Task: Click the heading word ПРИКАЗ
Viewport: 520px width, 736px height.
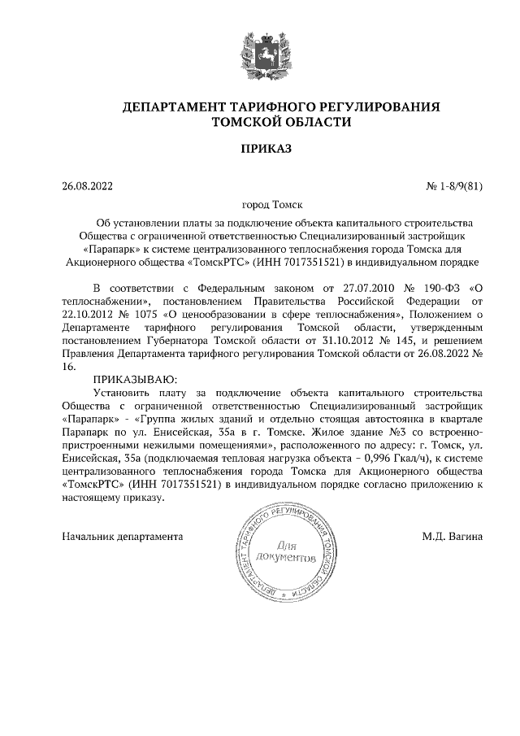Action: coord(259,149)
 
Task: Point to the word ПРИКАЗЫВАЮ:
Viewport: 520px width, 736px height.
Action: coord(133,379)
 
